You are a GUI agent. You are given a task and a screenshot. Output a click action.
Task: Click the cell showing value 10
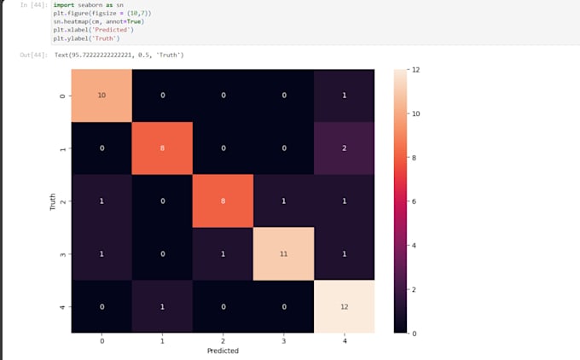[x=101, y=95]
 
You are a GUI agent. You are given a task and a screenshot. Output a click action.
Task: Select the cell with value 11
[x=284, y=253]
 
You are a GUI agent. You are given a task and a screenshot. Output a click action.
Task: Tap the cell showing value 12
[x=345, y=306]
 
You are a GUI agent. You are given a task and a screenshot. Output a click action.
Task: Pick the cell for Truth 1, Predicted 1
[x=162, y=148]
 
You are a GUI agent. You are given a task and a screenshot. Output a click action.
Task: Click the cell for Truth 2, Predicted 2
[x=223, y=200]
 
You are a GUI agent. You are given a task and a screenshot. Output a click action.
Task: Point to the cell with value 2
[x=345, y=148]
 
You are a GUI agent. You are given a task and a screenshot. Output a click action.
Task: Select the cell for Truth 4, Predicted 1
[x=162, y=306]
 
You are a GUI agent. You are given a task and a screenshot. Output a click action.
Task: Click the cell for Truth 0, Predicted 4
[x=345, y=95]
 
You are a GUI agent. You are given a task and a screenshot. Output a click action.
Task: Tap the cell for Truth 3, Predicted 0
[x=101, y=253]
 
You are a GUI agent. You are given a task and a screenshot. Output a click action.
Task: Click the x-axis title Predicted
[x=223, y=351]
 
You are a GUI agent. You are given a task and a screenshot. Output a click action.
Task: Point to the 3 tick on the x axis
[x=284, y=340]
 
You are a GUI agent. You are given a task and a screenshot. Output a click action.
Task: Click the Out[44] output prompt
[x=34, y=55]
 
